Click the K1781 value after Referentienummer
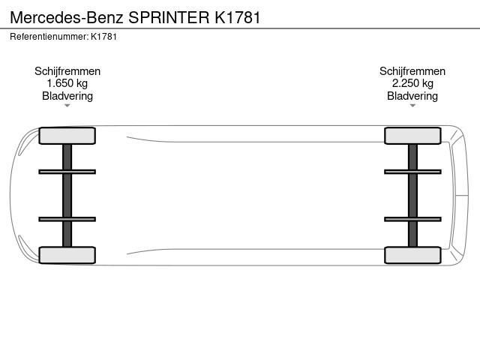click(103, 37)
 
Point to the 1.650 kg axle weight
click(67, 83)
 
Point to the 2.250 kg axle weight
click(412, 83)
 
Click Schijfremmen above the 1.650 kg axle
click(67, 71)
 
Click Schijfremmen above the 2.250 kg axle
click(412, 71)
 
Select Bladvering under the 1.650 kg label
click(67, 96)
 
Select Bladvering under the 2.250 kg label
click(412, 96)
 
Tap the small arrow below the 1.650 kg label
click(67, 106)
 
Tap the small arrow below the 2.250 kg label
click(412, 106)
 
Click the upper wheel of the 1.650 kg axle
click(67, 136)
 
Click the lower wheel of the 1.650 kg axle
click(67, 255)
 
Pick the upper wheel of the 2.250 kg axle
click(412, 136)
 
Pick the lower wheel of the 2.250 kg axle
click(412, 255)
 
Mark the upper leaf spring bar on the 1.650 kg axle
click(67, 172)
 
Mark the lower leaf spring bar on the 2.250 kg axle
click(412, 219)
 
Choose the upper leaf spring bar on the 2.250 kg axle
click(412, 172)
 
